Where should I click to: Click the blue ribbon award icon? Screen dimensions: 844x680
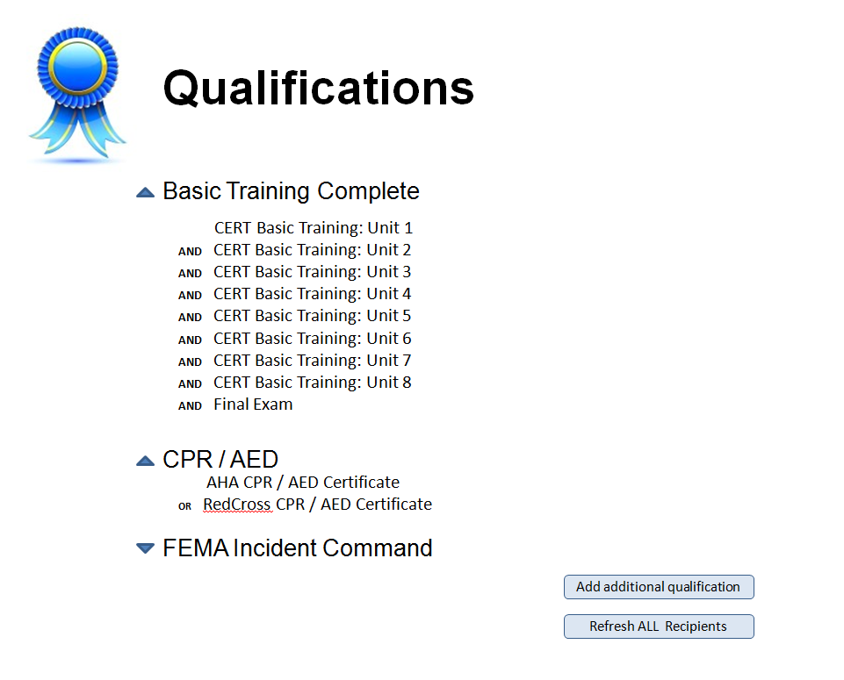point(77,94)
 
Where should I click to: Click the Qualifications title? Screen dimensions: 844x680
point(318,89)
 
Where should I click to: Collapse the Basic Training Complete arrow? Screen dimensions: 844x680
point(145,192)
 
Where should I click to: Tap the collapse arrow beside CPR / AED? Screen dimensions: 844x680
point(145,461)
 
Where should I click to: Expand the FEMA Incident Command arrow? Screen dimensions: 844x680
point(145,548)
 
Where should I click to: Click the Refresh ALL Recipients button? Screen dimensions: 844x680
point(659,626)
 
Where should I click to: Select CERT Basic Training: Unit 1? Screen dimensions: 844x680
point(314,228)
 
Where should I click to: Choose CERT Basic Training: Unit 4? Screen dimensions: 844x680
point(312,294)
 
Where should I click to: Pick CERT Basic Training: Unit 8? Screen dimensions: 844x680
point(312,383)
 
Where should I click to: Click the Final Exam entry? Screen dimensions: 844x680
point(253,404)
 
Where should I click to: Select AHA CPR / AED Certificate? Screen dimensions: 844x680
point(303,483)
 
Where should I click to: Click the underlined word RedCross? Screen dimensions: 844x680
point(237,505)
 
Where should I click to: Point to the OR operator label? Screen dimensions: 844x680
point(184,506)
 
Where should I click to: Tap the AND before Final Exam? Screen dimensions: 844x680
point(190,406)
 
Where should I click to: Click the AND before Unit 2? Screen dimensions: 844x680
point(190,252)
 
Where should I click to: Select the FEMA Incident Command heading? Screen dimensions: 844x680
point(298,548)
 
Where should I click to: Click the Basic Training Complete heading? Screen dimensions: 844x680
point(292,191)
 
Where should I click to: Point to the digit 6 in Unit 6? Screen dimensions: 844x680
point(407,339)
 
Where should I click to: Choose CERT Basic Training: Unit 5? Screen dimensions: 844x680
point(312,316)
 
